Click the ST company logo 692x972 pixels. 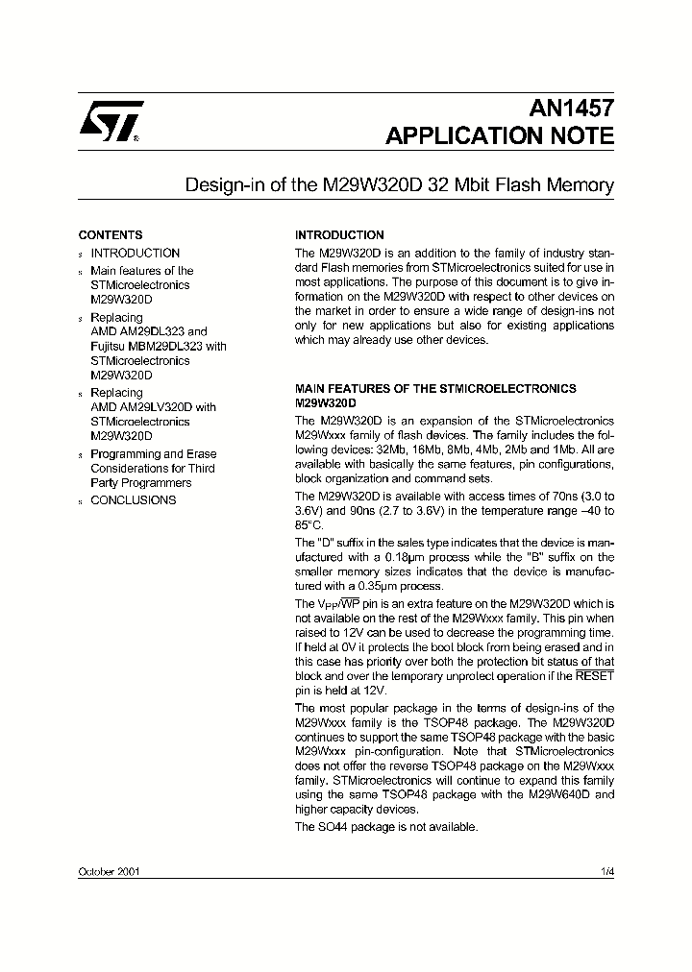point(111,122)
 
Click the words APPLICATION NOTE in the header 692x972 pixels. point(499,136)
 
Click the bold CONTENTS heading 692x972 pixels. point(110,235)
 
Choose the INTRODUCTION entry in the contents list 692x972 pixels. point(135,254)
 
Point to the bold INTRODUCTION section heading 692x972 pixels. point(339,235)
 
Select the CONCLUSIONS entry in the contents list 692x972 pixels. point(133,500)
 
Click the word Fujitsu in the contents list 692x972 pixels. point(110,346)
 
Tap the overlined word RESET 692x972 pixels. point(595,676)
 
